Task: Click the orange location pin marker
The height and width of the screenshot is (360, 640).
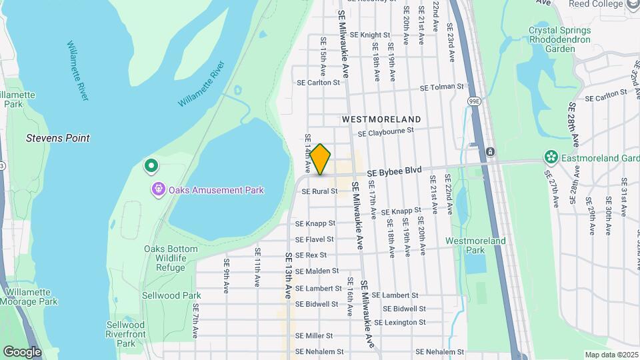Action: tap(320, 159)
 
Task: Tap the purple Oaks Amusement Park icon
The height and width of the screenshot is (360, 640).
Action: tap(158, 190)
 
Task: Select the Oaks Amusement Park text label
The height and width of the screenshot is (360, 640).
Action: tap(216, 190)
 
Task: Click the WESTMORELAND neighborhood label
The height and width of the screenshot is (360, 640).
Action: tap(381, 119)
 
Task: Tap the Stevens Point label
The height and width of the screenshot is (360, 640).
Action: tap(57, 138)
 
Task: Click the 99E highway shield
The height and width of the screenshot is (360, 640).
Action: tap(473, 101)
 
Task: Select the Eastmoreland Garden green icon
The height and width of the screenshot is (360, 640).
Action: tap(551, 157)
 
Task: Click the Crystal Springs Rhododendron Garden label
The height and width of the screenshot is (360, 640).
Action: tap(559, 39)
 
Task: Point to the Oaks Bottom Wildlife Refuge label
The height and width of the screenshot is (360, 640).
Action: tap(171, 258)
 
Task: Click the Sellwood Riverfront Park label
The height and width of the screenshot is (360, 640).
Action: tap(125, 334)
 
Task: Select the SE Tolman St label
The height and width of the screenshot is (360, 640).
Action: tap(441, 87)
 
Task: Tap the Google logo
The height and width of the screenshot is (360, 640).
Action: tap(22, 351)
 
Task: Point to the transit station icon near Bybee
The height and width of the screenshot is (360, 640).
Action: tap(490, 152)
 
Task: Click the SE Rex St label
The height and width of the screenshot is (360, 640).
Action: tap(311, 255)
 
